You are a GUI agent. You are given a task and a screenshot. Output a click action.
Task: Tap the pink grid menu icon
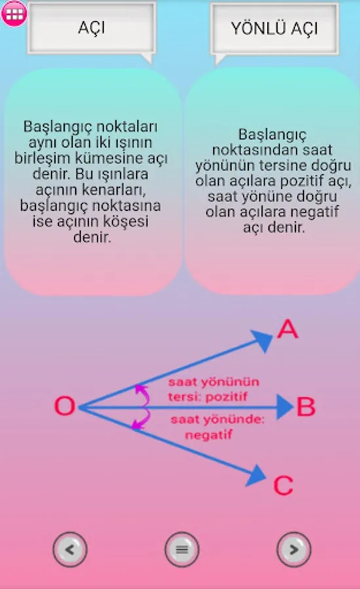coord(14,14)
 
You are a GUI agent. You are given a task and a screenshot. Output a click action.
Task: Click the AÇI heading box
coord(92,28)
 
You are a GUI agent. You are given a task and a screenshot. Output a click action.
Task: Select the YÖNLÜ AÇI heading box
coord(275,29)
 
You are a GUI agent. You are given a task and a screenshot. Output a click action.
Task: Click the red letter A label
coord(288,329)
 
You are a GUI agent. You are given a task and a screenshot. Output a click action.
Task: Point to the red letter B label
coord(306,406)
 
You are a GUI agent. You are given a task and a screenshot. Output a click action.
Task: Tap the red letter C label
coord(283,485)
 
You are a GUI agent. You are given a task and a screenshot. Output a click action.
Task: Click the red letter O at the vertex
coord(65,406)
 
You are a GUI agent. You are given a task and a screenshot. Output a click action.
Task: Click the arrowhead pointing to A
coord(262,340)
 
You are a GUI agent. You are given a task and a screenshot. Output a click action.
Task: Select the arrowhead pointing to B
coord(285,407)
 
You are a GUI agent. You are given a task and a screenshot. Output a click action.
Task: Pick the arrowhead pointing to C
coord(257,475)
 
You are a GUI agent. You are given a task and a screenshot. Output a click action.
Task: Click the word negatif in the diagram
coord(209,435)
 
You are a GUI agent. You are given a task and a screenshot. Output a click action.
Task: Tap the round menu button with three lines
coord(182,549)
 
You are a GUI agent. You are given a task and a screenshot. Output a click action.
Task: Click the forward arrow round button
coord(294,549)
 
